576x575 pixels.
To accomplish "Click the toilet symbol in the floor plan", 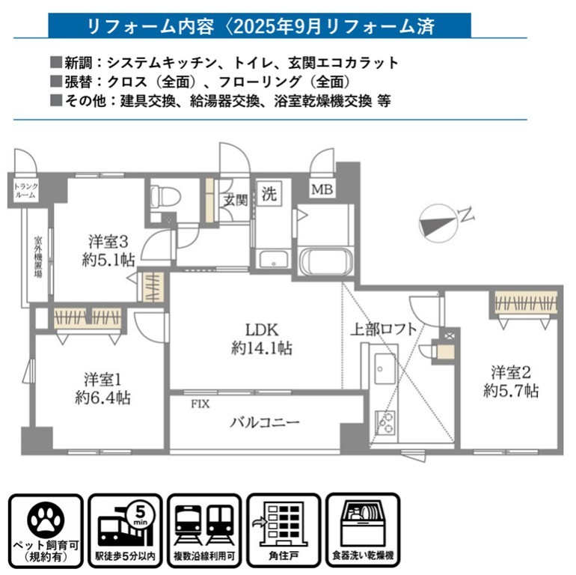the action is click(165, 195).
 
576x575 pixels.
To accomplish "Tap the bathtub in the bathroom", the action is click(326, 261).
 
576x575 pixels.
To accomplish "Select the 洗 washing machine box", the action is click(269, 193).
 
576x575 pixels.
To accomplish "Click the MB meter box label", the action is click(322, 189).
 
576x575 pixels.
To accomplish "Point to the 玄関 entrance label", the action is click(235, 201).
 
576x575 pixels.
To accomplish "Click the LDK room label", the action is click(262, 329).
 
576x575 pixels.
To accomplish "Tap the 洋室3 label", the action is click(108, 242).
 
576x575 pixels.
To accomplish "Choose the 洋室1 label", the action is click(102, 380).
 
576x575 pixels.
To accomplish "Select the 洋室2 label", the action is click(511, 372).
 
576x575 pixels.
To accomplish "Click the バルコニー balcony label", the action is click(265, 422).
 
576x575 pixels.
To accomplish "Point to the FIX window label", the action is click(200, 404).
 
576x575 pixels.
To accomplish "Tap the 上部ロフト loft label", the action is click(384, 329).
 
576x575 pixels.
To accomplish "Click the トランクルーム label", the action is click(25, 191).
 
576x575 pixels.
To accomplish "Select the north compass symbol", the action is click(438, 224).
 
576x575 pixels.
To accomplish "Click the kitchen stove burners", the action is click(385, 422).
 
